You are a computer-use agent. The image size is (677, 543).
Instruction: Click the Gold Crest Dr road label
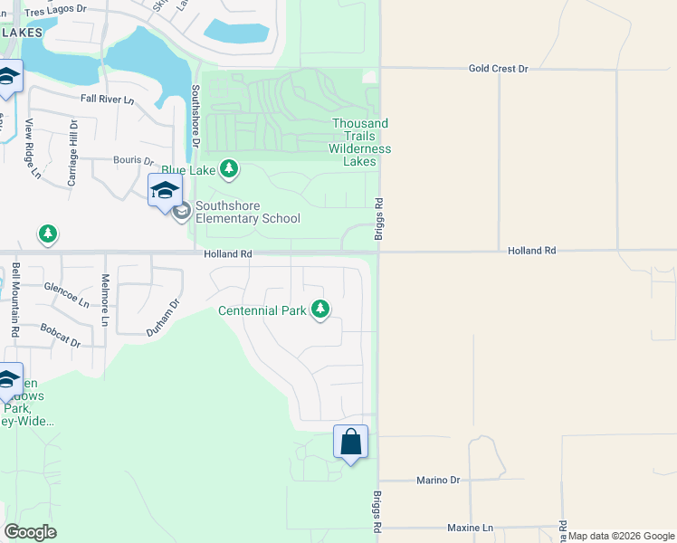click(498, 68)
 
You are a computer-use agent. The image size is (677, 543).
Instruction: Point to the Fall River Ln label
click(107, 99)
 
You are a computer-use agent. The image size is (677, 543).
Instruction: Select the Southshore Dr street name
click(195, 118)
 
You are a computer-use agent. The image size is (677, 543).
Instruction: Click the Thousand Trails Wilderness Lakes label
click(360, 142)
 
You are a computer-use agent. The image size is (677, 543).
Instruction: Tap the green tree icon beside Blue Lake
click(229, 168)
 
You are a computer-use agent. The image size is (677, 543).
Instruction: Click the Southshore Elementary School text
click(248, 212)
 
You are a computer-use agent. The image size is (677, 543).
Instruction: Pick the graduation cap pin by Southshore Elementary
click(165, 191)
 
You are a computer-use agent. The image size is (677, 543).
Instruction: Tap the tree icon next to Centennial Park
click(319, 310)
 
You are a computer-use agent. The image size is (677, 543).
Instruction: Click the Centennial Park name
click(262, 310)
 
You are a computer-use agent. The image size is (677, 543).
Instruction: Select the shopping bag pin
click(351, 443)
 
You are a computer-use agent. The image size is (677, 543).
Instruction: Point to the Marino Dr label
click(439, 480)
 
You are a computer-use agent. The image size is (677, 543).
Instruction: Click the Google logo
click(30, 532)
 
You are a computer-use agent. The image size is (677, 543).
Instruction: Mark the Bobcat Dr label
click(60, 336)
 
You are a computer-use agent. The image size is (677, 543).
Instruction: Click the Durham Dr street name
click(164, 319)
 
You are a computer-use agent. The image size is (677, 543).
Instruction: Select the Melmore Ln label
click(106, 300)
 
